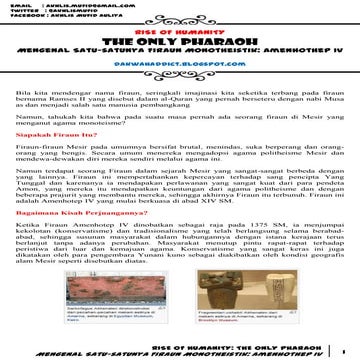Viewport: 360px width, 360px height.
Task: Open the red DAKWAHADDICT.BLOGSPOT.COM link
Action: coord(181,61)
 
